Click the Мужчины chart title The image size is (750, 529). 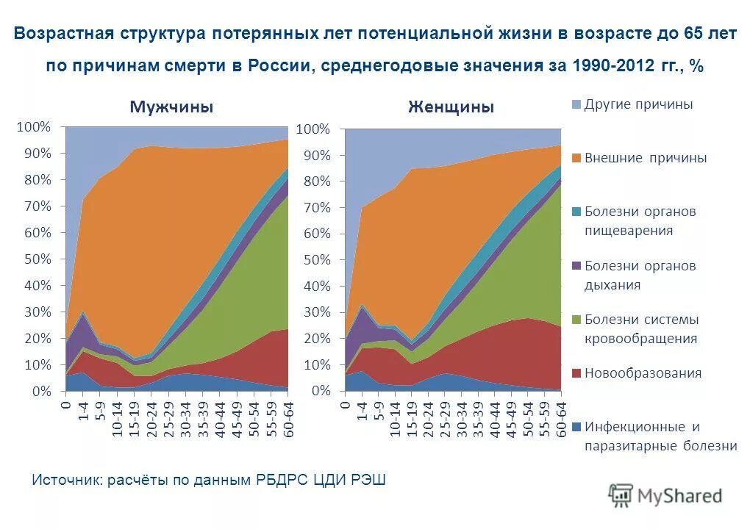point(171,107)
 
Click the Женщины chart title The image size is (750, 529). point(451,107)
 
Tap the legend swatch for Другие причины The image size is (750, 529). point(577,104)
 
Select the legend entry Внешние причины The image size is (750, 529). point(645,158)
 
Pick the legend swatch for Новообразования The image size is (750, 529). point(577,373)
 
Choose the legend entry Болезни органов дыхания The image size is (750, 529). point(640,275)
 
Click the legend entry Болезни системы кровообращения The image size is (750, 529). point(640,328)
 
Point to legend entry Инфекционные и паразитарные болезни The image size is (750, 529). point(660,436)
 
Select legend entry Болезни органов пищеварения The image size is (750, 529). point(639,221)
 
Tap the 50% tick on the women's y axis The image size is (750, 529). point(315,260)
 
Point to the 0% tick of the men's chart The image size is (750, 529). point(41,392)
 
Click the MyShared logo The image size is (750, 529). point(665,496)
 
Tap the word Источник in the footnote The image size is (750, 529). point(66,481)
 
